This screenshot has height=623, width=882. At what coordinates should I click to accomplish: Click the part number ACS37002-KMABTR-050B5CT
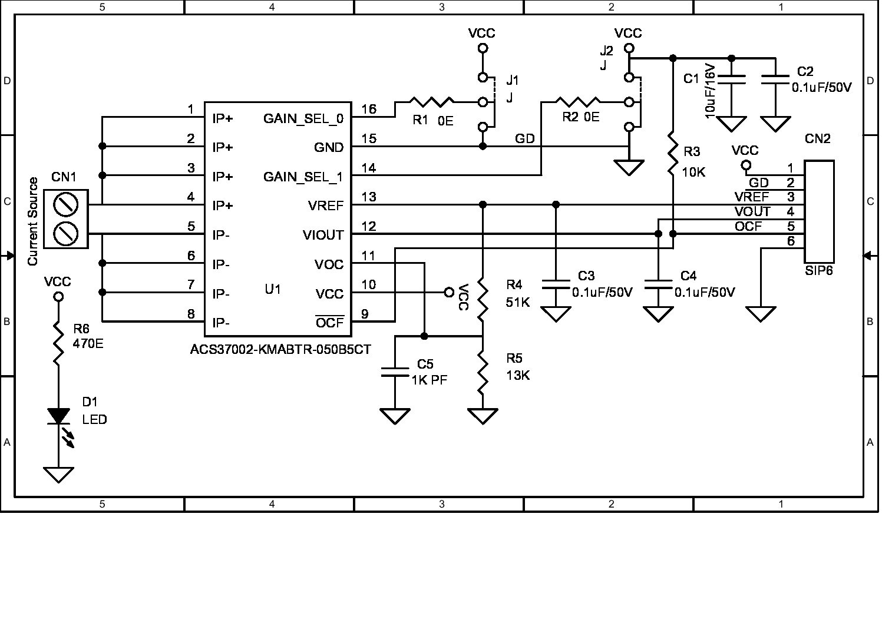[x=280, y=349]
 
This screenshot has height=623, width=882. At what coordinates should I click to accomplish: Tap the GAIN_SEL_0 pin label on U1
[x=303, y=118]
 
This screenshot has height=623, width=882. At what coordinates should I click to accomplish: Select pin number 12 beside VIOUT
[x=369, y=226]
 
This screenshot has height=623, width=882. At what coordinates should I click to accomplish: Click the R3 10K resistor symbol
[x=673, y=154]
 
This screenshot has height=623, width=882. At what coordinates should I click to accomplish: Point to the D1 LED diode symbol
[x=58, y=416]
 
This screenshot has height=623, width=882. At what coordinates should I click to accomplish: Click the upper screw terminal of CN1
[x=65, y=206]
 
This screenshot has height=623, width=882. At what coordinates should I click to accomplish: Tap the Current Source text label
[x=33, y=221]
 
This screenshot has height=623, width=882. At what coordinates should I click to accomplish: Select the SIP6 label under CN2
[x=819, y=271]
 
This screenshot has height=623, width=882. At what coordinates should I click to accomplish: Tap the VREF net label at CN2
[x=752, y=197]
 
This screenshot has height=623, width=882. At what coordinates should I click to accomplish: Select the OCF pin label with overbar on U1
[x=329, y=322]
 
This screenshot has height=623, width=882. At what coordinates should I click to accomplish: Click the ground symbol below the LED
[x=58, y=474]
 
